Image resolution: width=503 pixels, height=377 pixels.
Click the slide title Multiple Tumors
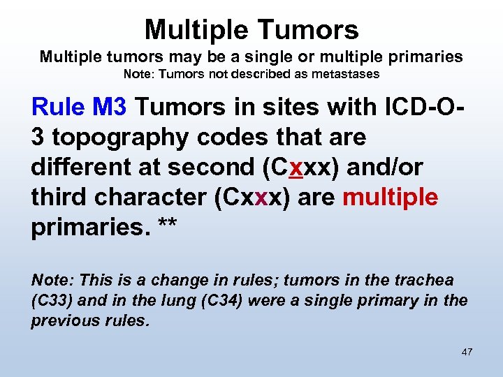251,29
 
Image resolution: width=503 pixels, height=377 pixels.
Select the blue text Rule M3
79,107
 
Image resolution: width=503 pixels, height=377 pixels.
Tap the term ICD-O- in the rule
416,107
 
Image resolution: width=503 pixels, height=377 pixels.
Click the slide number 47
467,352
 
